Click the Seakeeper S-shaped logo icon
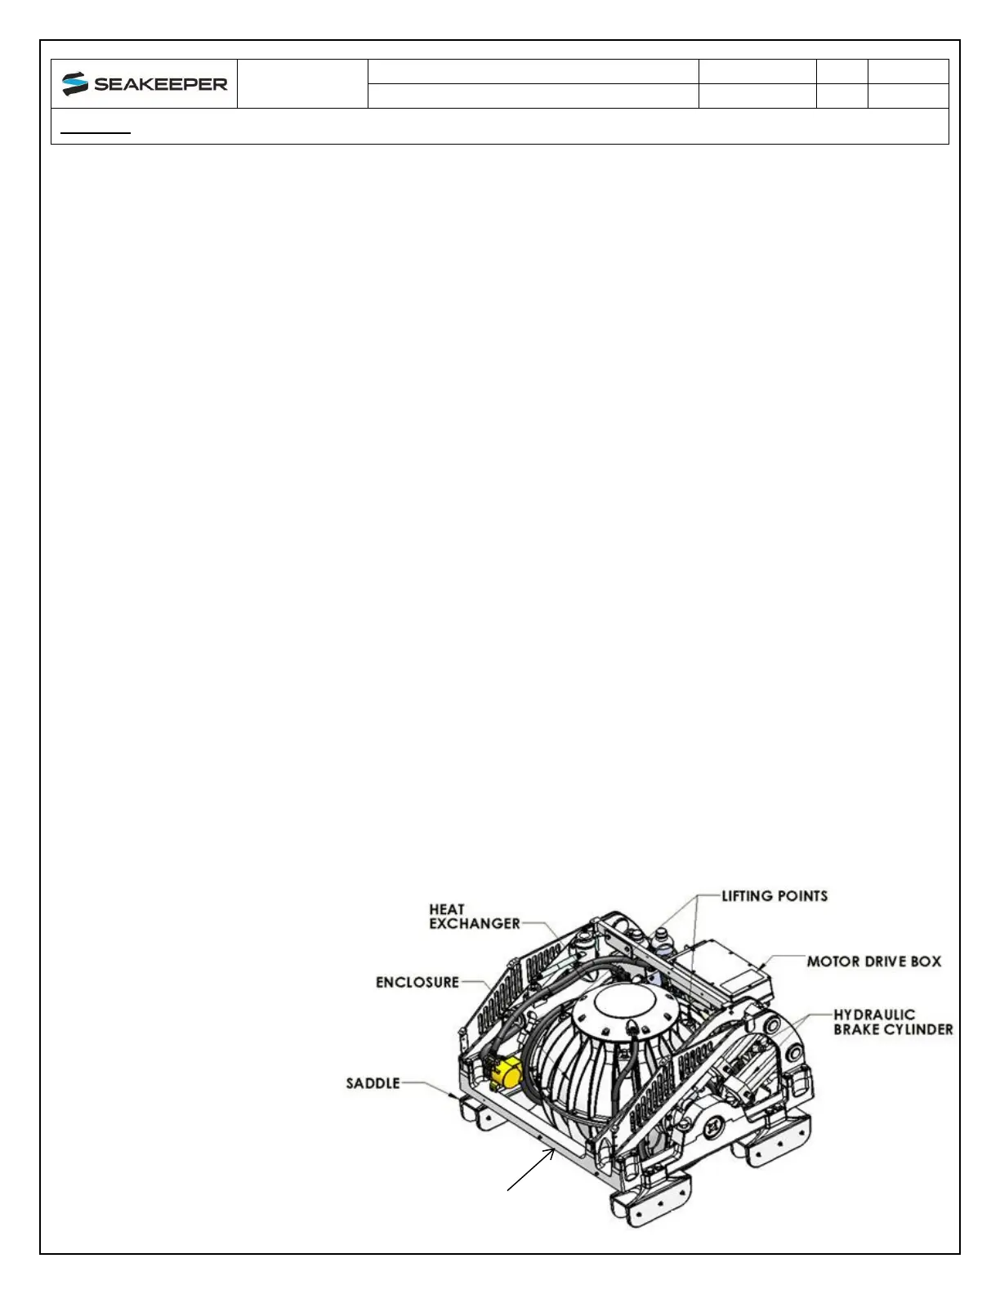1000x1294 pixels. click(x=75, y=84)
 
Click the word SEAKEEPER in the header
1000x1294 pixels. click(x=161, y=84)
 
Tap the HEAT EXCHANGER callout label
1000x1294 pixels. click(x=475, y=916)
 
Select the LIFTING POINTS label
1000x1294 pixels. click(x=774, y=896)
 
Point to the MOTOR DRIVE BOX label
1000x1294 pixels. click(x=874, y=962)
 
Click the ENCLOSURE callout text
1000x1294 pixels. click(x=417, y=982)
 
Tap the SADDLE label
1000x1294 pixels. click(x=373, y=1083)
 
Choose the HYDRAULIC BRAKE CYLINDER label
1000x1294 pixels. click(x=893, y=1022)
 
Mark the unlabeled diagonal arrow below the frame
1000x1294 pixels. click(x=533, y=1169)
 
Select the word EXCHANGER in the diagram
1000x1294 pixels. click(x=475, y=923)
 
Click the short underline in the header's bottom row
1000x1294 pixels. click(x=96, y=132)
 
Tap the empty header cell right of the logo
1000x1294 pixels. click(x=302, y=83)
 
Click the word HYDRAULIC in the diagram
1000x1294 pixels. click(x=874, y=1015)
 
